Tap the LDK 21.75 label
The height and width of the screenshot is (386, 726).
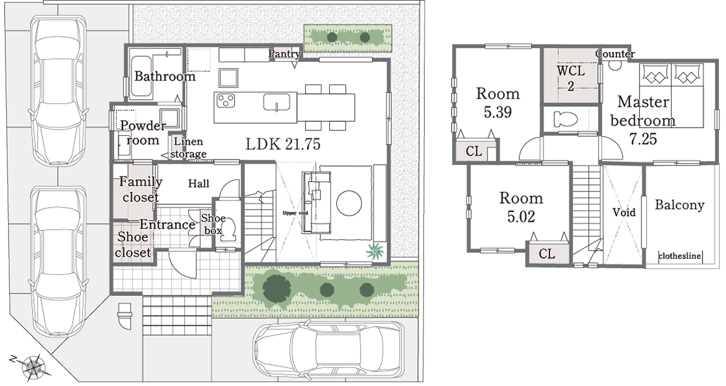(283, 144)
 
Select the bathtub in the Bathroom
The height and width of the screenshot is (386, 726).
(141, 77)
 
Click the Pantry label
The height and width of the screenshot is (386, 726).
(284, 54)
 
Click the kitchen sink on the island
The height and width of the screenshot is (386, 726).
(277, 103)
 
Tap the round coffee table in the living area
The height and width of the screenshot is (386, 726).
(349, 203)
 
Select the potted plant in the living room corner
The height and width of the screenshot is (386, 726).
(375, 251)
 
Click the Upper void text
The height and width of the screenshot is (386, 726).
(295, 213)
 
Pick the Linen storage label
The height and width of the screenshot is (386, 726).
(188, 147)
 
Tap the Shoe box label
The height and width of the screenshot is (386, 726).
(213, 224)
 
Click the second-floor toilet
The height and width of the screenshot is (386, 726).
(565, 119)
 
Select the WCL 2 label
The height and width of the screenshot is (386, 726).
(571, 78)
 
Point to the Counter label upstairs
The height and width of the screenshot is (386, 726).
(615, 54)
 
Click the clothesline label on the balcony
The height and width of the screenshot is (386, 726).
(679, 256)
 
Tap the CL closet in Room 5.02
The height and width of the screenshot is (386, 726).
(547, 254)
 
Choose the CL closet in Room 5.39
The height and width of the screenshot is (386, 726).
(474, 152)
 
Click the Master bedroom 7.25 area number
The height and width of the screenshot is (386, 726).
(643, 139)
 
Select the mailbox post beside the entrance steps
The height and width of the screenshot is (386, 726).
(125, 316)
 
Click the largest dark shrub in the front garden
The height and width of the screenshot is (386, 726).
(277, 289)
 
